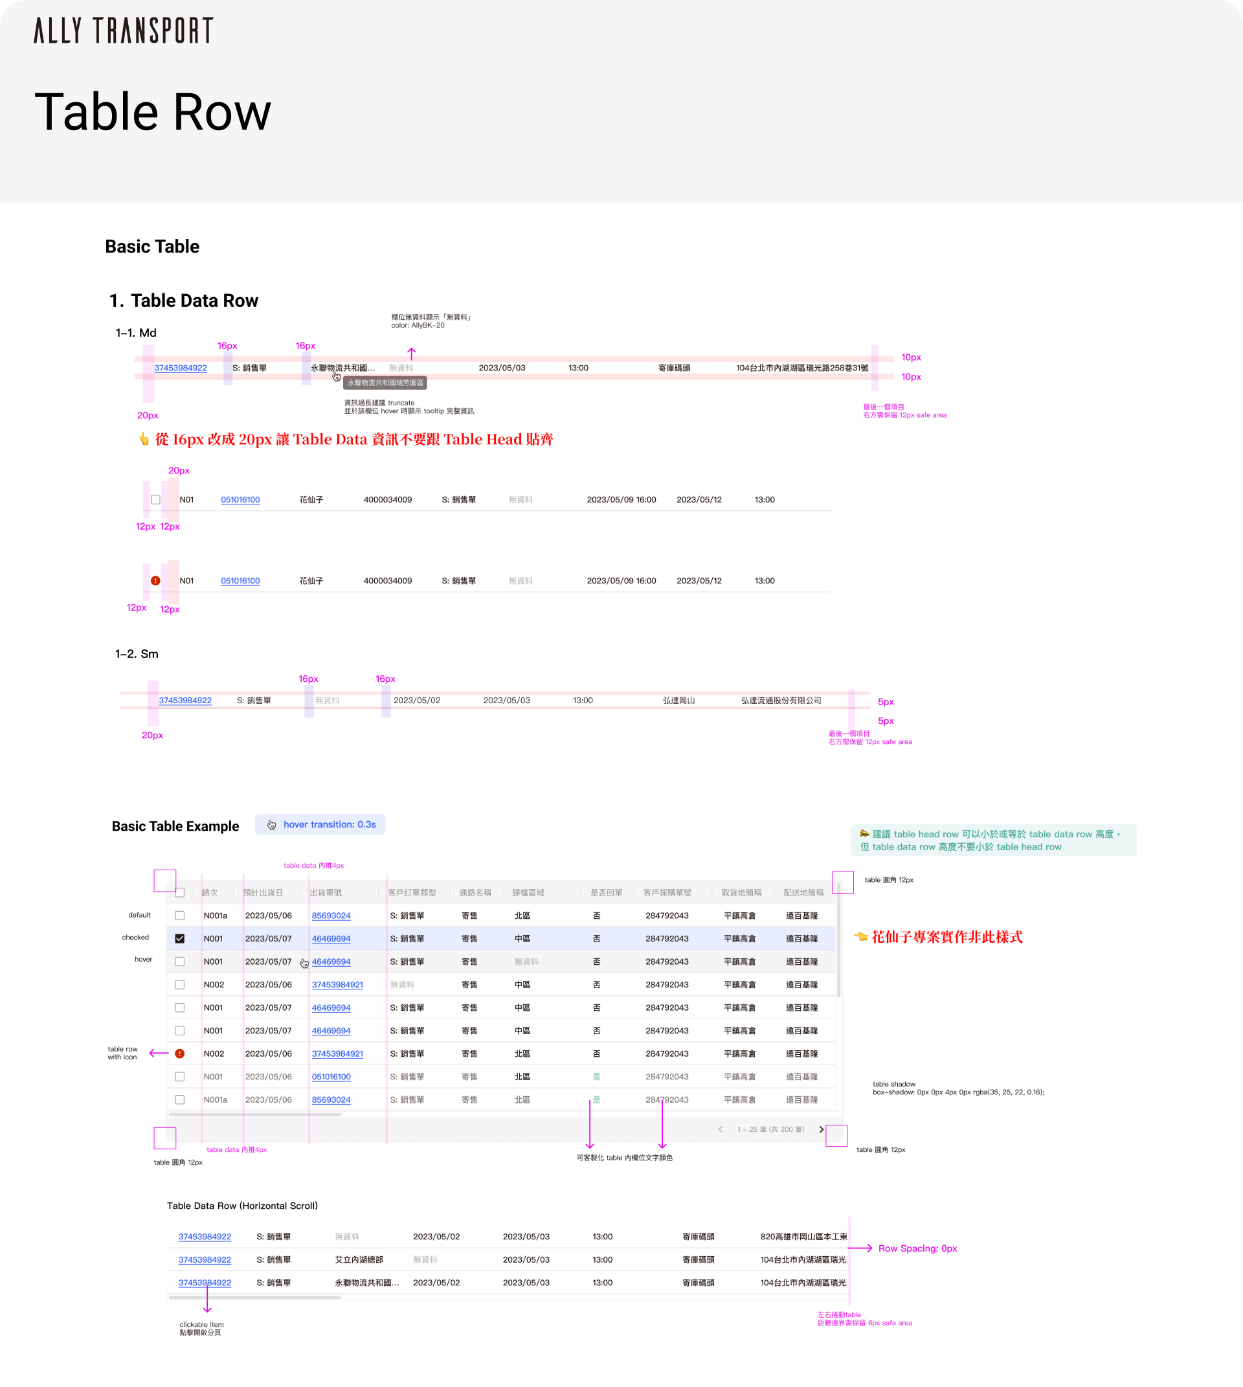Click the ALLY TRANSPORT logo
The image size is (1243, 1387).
coord(123,30)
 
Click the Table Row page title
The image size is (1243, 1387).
coord(153,112)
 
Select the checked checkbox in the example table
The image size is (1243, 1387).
coord(179,939)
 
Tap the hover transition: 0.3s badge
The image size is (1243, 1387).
coord(320,825)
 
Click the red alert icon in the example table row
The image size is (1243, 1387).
coord(179,1054)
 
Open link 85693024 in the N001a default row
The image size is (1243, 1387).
coord(331,916)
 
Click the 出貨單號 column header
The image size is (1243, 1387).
coord(326,892)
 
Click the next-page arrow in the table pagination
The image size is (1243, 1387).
coord(821,1129)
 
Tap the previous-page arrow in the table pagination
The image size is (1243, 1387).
coord(721,1129)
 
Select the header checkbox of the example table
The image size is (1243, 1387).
coord(179,892)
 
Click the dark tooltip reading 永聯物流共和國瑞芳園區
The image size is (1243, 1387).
coord(385,383)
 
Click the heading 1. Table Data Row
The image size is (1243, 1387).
coord(184,300)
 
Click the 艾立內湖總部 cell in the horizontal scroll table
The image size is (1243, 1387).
coord(359,1259)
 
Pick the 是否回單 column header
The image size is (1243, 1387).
coord(606,892)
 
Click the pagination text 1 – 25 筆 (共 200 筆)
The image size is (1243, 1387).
coord(770,1129)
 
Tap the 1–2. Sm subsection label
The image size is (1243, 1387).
coord(137,654)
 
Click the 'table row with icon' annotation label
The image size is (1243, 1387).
coord(122,1053)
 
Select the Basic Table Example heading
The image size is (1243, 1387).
coord(175,826)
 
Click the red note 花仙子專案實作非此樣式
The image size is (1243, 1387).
coord(946,938)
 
